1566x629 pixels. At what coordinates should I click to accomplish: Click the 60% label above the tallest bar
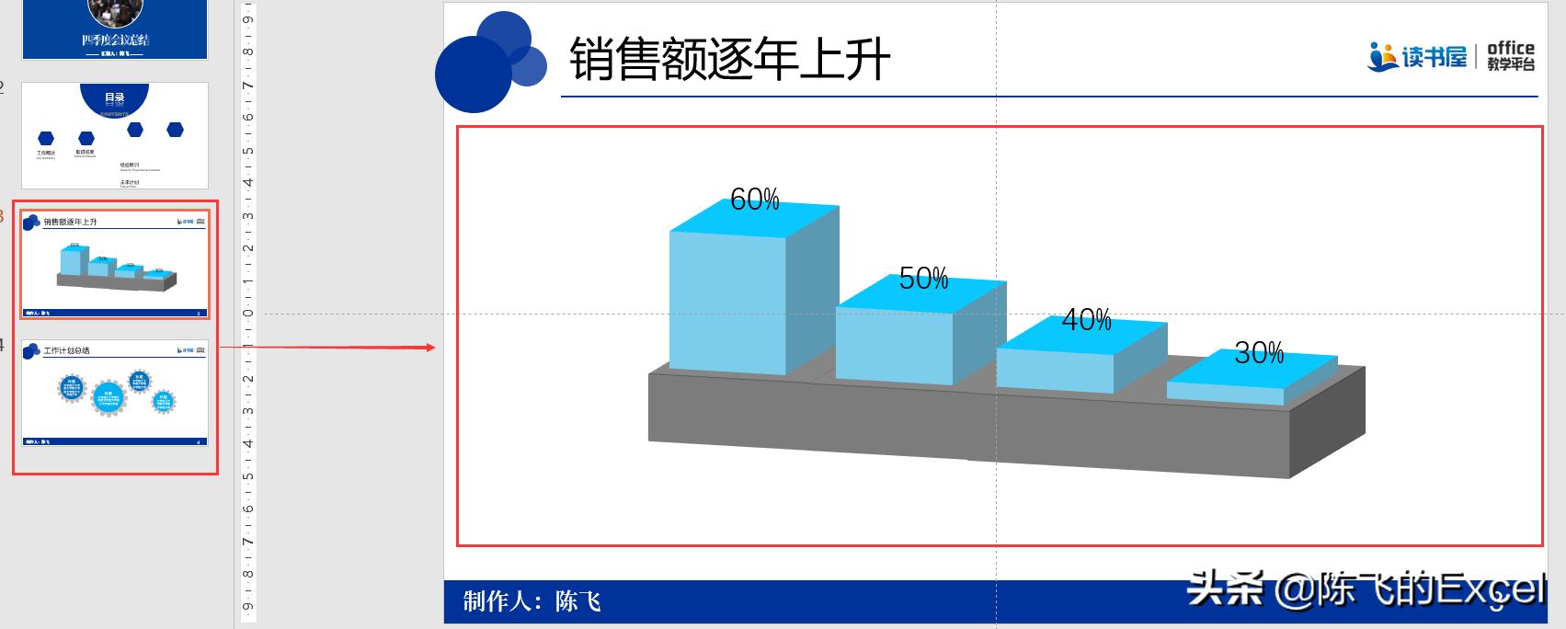pos(754,199)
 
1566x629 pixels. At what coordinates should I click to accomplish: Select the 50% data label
pos(923,278)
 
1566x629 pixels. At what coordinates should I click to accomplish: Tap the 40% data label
pos(1086,320)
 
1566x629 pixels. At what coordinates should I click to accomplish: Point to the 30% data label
pos(1259,352)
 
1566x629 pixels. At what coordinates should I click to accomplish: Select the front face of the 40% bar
pos(1055,369)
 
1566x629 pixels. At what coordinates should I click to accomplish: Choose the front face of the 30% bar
pos(1224,393)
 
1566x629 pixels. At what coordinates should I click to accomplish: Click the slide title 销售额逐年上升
pos(729,60)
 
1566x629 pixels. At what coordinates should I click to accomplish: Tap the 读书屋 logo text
pos(1434,58)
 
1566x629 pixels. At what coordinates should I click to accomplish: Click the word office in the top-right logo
pos(1510,48)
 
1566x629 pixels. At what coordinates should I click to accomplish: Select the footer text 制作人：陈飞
pos(532,601)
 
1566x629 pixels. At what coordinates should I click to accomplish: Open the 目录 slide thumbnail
pos(115,135)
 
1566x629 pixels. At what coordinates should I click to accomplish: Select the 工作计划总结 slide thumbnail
pos(115,393)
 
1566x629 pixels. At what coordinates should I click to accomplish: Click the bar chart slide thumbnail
pos(115,264)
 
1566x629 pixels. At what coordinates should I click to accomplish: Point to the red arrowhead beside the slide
pos(430,348)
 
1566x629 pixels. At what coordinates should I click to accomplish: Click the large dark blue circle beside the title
pos(472,74)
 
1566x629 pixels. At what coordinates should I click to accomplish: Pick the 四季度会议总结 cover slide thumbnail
pos(115,29)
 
